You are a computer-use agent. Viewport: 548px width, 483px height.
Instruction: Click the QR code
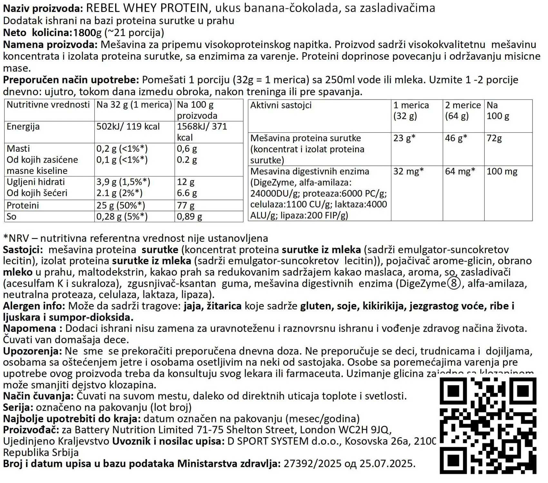[488, 425]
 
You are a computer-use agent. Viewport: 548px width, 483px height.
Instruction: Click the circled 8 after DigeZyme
[454, 284]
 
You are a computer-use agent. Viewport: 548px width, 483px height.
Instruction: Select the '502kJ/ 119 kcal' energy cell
[128, 127]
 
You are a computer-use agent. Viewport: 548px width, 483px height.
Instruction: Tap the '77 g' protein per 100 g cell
[186, 205]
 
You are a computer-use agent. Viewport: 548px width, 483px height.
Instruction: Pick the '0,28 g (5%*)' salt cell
[122, 216]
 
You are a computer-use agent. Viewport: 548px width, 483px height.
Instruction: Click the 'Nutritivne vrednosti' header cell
[48, 105]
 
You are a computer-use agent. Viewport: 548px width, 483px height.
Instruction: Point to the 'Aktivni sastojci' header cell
[281, 105]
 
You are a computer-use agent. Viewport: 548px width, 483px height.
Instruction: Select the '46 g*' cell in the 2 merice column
[456, 138]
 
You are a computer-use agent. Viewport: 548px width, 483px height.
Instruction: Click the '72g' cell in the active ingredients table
[494, 138]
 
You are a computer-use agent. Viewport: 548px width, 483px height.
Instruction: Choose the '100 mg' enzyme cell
[502, 171]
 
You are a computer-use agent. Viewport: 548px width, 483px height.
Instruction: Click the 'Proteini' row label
[23, 205]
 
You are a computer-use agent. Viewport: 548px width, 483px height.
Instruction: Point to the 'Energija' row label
[23, 127]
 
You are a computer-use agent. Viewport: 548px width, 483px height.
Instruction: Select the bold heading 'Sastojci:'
[23, 250]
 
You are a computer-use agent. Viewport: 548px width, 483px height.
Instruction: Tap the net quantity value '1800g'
[87, 33]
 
